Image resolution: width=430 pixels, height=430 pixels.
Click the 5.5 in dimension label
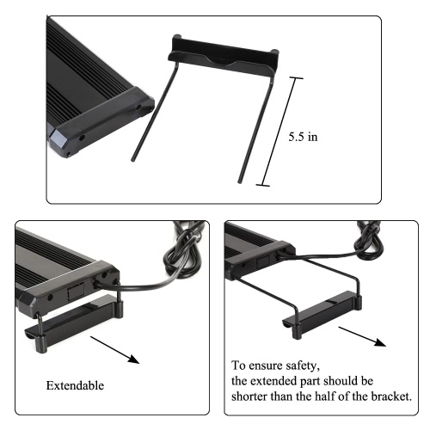click(x=303, y=137)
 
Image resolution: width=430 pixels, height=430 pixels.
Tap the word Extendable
click(x=75, y=385)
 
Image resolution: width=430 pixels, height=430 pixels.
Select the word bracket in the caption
click(x=391, y=396)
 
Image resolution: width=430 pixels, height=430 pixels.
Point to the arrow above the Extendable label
click(x=114, y=350)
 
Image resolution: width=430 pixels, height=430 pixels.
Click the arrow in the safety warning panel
click(x=362, y=336)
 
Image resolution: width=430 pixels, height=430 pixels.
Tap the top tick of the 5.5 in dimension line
click(x=296, y=78)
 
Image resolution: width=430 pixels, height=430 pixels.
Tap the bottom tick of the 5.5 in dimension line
click(x=262, y=185)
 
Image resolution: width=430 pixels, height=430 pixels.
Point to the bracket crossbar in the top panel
click(x=223, y=54)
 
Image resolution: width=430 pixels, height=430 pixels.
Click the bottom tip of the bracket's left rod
click(x=132, y=159)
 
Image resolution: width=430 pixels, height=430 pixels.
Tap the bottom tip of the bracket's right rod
click(x=240, y=181)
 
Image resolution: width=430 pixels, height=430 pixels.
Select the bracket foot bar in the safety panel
click(x=322, y=313)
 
